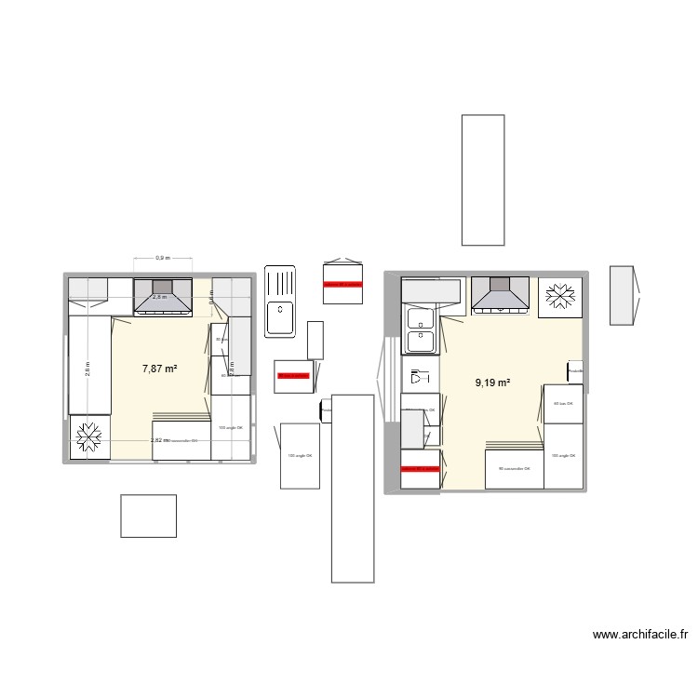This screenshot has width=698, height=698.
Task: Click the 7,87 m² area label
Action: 159,369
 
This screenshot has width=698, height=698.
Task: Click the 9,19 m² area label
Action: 492,382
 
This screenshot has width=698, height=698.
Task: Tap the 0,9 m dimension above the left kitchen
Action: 162,258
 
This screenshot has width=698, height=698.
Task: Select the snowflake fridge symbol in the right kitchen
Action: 561,296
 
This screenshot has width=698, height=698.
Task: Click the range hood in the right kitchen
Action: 501,295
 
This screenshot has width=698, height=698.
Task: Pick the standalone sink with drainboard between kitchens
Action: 280,300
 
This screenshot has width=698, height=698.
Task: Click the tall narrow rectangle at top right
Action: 483,180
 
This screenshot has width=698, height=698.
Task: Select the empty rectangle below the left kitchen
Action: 148,516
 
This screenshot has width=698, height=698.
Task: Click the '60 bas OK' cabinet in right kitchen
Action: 563,404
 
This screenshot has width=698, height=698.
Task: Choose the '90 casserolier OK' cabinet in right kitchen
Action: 514,469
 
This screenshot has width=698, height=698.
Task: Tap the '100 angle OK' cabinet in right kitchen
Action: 563,456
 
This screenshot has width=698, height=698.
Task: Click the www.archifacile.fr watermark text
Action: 640,636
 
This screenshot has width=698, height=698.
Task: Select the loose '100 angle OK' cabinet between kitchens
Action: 300,455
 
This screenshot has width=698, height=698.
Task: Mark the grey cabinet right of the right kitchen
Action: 621,295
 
